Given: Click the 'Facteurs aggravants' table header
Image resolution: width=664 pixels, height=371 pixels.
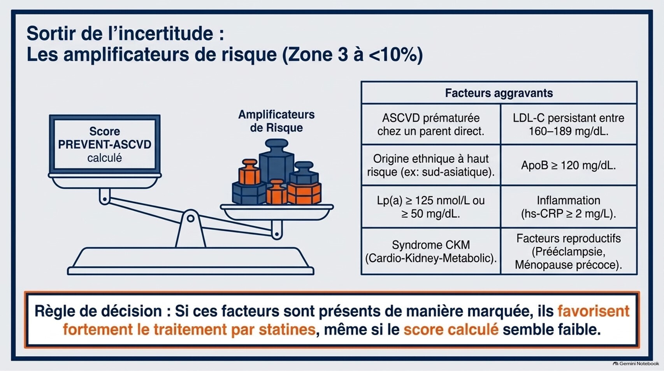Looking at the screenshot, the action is (499, 93).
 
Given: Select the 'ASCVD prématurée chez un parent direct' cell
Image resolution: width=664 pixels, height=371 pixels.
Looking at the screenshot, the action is (431, 124).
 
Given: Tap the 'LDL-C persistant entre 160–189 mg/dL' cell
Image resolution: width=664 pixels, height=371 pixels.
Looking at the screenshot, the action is (569, 124).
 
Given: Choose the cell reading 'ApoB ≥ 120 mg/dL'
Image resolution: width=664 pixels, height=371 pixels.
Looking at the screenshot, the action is (569, 165).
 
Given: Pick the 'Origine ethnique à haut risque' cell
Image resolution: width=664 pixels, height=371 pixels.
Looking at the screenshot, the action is (431, 165).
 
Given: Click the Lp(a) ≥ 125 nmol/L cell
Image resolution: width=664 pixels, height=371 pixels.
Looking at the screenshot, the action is (431, 207).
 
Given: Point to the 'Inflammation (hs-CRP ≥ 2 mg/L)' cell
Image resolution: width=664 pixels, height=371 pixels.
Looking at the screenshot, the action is (569, 207).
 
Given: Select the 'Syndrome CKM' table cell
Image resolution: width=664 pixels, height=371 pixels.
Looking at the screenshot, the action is (431, 251).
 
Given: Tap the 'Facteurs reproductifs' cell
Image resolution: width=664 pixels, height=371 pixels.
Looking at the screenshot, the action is (569, 251).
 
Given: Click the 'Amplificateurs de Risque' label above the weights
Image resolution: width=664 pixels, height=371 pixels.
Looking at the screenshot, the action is (276, 121).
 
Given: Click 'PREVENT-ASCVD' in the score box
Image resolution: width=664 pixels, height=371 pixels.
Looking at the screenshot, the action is (105, 144).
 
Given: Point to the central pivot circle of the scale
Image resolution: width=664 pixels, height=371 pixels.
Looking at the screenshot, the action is (191, 218).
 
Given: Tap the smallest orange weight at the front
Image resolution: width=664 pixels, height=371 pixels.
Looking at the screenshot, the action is (277, 192).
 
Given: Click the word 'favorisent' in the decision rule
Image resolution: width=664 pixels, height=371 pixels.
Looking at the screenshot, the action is (594, 311).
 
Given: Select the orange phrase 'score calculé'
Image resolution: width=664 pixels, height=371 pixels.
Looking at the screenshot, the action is (451, 330).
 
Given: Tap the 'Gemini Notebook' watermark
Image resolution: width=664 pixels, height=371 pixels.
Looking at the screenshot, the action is (636, 364).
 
